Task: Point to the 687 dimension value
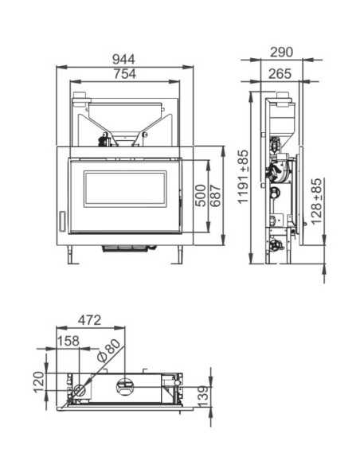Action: pyautogui.click(x=215, y=195)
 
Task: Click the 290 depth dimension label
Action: pyautogui.click(x=280, y=52)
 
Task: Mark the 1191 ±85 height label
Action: pyautogui.click(x=243, y=177)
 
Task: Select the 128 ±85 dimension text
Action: pyautogui.click(x=316, y=201)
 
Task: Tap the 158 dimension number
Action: pyautogui.click(x=70, y=342)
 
